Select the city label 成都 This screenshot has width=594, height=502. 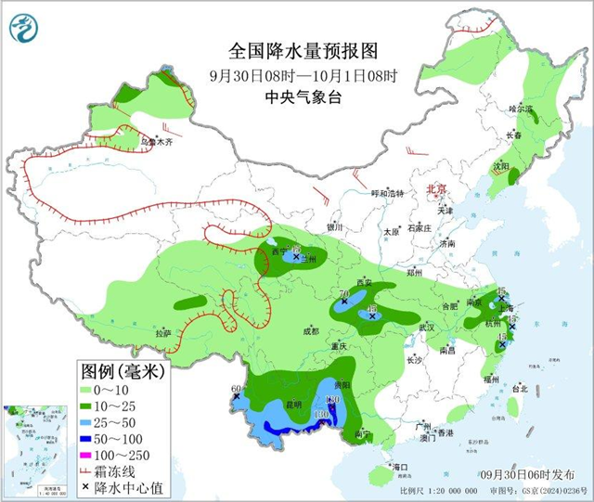click(x=309, y=330)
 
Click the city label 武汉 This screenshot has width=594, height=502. click(x=427, y=328)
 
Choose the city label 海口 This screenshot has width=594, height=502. click(x=401, y=466)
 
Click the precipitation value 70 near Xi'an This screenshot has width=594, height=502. click(x=342, y=293)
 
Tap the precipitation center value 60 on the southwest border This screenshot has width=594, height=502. click(x=236, y=389)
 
